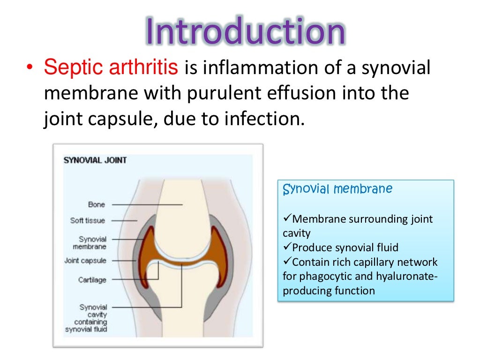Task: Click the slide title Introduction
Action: pyautogui.click(x=245, y=31)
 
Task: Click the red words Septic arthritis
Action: pyautogui.click(x=111, y=68)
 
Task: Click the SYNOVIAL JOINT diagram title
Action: pyautogui.click(x=95, y=160)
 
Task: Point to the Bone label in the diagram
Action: pyautogui.click(x=97, y=204)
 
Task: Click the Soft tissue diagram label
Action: pyautogui.click(x=88, y=220)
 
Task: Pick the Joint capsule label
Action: pyautogui.click(x=85, y=261)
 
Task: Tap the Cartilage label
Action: pyautogui.click(x=92, y=280)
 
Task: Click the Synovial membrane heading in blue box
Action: pyautogui.click(x=337, y=189)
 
